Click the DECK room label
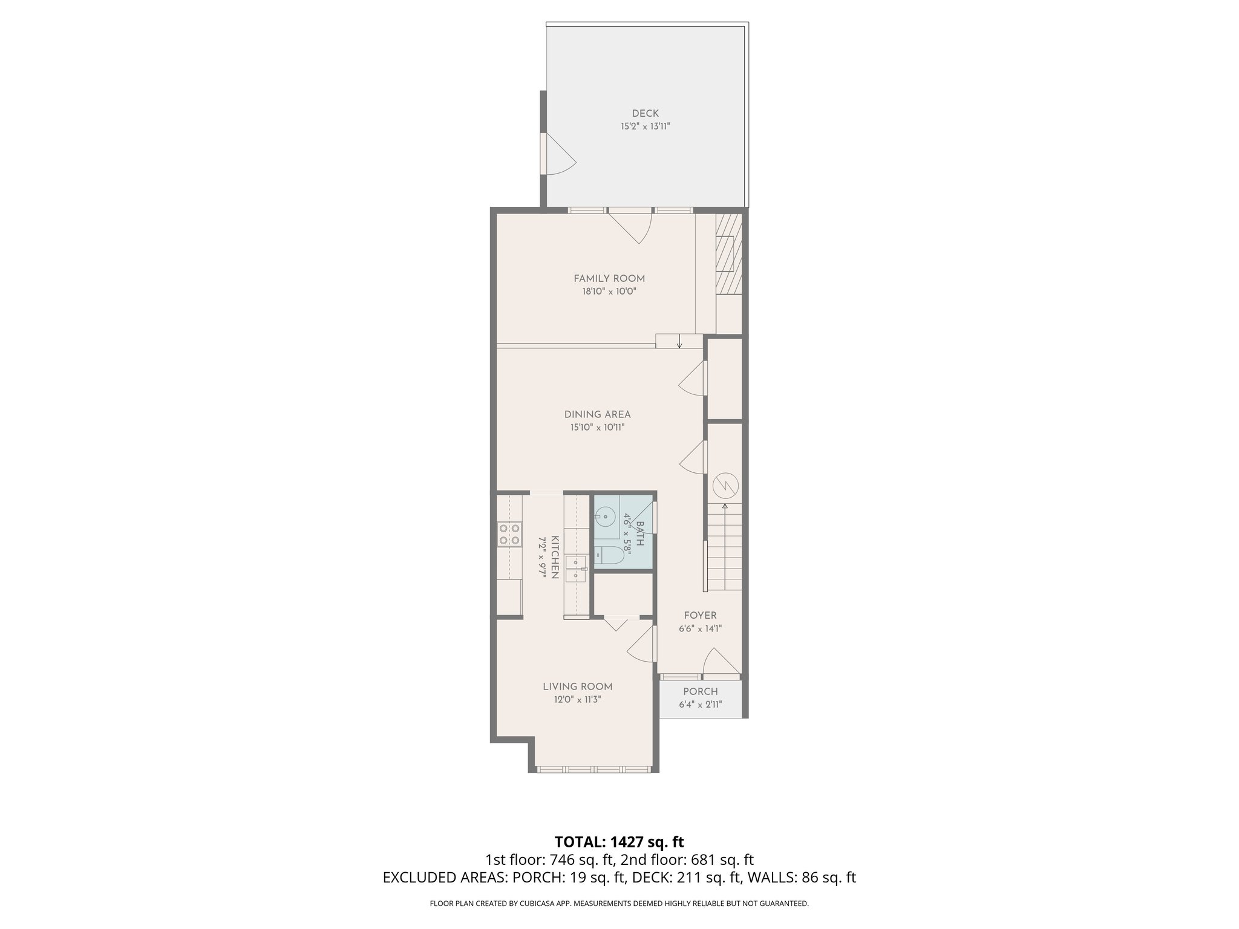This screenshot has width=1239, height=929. pos(645,113)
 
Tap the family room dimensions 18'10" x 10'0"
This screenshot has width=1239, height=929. pos(609,292)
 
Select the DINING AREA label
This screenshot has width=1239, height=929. pos(597,414)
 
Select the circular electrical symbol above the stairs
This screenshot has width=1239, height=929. pos(725,484)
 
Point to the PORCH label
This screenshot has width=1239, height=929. pos(701,691)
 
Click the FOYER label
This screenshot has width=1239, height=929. pos(700,615)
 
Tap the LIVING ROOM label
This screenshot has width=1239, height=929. pos(577,686)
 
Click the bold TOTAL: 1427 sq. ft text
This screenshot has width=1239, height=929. pos(619,842)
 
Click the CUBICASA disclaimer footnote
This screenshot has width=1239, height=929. pos(619,904)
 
